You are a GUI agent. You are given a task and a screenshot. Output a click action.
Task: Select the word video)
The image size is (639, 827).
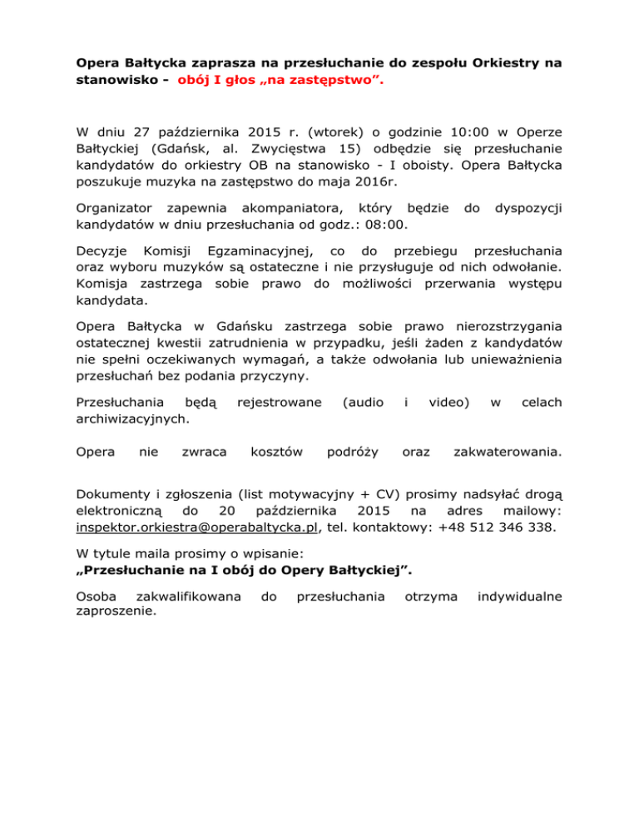(448, 402)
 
